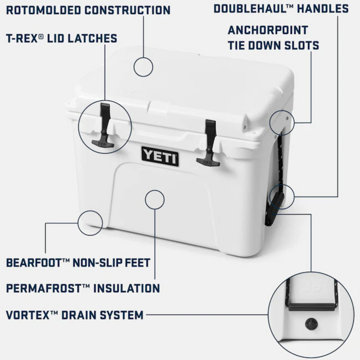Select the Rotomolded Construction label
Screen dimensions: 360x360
click(x=88, y=10)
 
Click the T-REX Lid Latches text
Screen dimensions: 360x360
click(x=61, y=38)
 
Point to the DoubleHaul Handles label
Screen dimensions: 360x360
click(x=281, y=8)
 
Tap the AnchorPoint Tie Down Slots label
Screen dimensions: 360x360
click(x=273, y=37)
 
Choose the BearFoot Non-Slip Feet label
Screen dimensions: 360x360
click(x=78, y=262)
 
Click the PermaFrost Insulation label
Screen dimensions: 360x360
click(x=83, y=288)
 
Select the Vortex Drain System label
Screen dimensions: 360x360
click(x=75, y=315)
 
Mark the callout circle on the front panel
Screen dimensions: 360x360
click(x=154, y=198)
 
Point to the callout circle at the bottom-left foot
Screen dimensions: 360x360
click(x=90, y=220)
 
